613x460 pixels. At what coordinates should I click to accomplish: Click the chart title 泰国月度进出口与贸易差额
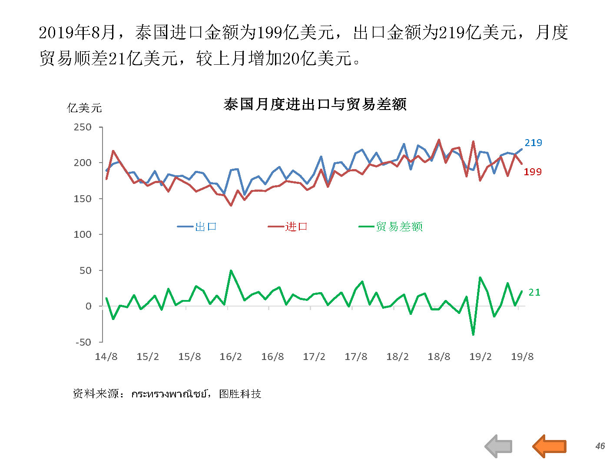315,104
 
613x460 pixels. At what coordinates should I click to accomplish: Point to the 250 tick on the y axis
83,127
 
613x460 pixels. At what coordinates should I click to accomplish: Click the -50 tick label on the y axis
83,342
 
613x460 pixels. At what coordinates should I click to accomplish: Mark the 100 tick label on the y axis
83,234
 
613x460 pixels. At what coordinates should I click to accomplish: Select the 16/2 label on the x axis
231,357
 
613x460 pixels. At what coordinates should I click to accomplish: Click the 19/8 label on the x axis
522,357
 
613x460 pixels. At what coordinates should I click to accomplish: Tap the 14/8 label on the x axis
106,357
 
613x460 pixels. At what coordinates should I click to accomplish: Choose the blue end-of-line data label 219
533,143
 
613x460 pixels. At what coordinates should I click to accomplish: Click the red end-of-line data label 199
532,172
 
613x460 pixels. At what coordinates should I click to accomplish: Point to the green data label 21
534,293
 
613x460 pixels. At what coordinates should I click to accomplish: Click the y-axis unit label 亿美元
84,108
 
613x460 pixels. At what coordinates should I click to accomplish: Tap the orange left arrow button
549,446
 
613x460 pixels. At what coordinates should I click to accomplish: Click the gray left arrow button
499,446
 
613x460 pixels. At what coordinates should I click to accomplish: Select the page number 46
600,446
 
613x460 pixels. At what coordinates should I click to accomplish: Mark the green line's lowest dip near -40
473,334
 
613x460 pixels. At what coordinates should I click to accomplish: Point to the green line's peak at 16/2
231,270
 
